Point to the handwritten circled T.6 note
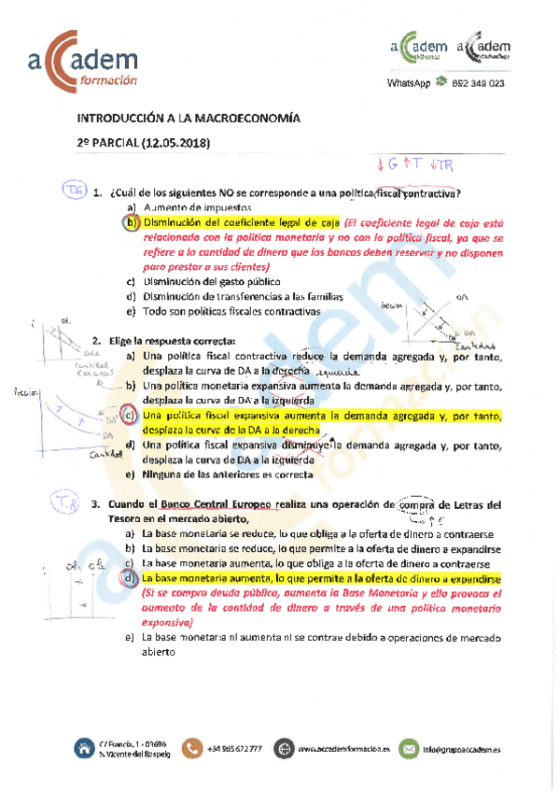(x=75, y=191)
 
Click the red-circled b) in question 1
(x=131, y=222)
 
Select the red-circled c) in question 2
(x=130, y=415)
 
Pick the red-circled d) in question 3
(x=131, y=579)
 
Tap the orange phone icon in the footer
(x=193, y=747)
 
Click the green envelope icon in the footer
(x=407, y=747)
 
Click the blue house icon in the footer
(x=84, y=747)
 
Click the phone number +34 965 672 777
(x=235, y=748)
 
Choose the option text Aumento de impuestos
(x=192, y=207)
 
